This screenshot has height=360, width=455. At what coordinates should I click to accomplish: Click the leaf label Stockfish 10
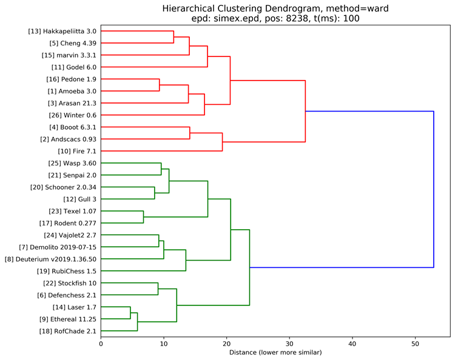[x=70, y=283]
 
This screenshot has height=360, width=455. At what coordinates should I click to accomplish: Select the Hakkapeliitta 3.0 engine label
[x=62, y=32]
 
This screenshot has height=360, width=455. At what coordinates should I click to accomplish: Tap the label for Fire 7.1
[x=77, y=152]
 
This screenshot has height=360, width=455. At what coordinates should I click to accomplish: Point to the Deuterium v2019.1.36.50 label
[x=50, y=259]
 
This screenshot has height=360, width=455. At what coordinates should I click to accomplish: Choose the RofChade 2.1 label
[x=67, y=331]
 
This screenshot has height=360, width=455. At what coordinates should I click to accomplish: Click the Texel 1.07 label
[x=73, y=212]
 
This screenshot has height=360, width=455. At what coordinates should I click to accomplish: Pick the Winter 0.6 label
[x=73, y=115]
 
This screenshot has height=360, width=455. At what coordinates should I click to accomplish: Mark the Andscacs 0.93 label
[x=68, y=139]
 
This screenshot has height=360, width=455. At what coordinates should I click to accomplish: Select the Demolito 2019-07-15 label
[x=58, y=247]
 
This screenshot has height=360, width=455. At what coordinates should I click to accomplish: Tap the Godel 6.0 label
[x=73, y=67]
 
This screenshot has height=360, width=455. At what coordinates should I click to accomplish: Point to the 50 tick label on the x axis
[x=415, y=344]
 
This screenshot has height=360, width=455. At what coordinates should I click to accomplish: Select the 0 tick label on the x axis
[x=101, y=344]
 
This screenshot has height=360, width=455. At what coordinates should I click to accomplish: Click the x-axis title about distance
[x=275, y=353]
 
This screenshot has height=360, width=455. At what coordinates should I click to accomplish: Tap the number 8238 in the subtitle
[x=297, y=18]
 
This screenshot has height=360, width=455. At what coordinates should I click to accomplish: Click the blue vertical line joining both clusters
[x=434, y=189]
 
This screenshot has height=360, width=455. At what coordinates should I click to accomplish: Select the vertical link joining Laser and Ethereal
[x=130, y=313]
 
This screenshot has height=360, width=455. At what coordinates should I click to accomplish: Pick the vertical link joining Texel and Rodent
[x=143, y=217]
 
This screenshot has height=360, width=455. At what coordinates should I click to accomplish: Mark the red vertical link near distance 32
[x=305, y=111]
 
